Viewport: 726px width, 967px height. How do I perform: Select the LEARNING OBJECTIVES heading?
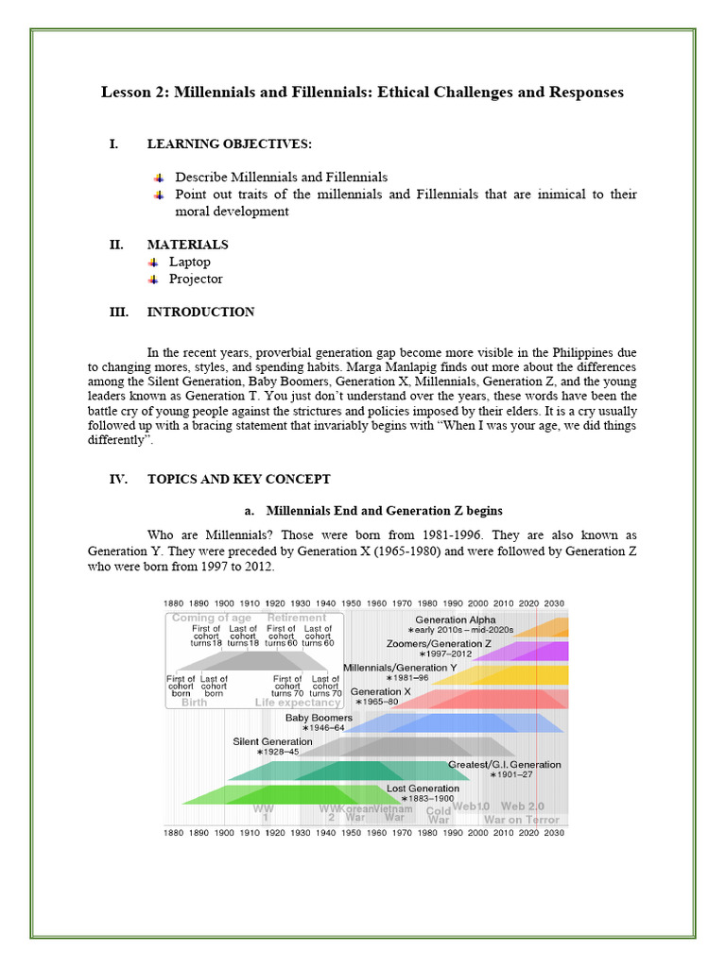click(229, 144)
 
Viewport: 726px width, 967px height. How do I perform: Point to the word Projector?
click(196, 279)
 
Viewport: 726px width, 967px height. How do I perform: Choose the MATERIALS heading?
click(187, 245)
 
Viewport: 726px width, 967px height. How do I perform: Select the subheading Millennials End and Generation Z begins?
click(384, 511)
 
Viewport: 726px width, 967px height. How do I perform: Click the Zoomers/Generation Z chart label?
click(439, 643)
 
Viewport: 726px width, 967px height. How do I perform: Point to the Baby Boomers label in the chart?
click(319, 718)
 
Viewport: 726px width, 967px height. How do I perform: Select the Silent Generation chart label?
click(272, 741)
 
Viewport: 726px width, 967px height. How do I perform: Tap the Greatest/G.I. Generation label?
click(504, 764)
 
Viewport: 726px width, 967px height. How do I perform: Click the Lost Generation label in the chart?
click(423, 788)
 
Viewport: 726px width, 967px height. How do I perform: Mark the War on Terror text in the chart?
click(521, 819)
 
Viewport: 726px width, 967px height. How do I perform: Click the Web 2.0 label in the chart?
click(522, 806)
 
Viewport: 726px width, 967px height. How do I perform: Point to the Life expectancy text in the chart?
click(298, 703)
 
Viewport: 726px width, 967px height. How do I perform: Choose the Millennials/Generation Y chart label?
click(399, 667)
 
